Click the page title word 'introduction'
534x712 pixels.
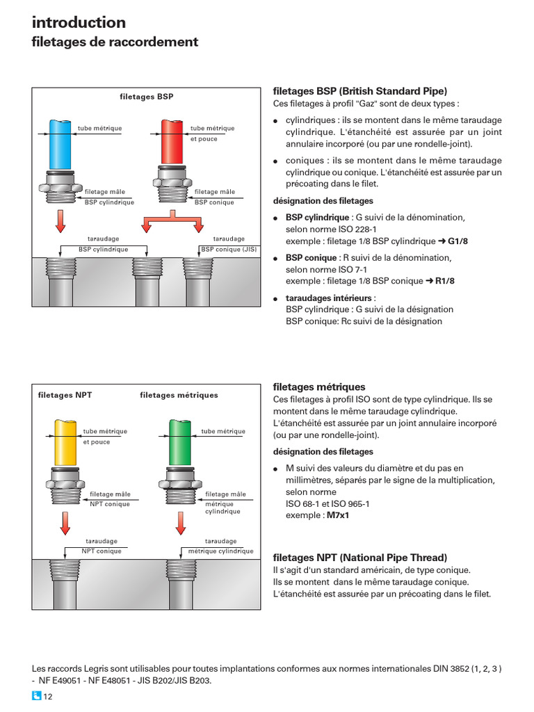pyautogui.click(x=79, y=22)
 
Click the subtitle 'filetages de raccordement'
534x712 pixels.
pyautogui.click(x=115, y=42)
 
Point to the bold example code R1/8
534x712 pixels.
pyautogui.click(x=445, y=282)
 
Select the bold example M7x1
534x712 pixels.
pyautogui.click(x=338, y=516)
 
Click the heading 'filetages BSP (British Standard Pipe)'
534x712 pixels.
pyautogui.click(x=360, y=91)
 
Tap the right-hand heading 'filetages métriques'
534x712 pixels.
pyautogui.click(x=319, y=387)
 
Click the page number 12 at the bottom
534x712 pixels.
pyautogui.click(x=48, y=697)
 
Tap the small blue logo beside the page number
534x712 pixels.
pyautogui.click(x=37, y=697)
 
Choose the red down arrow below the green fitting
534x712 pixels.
pyautogui.click(x=179, y=522)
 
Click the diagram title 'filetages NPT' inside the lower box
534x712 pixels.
pyautogui.click(x=65, y=395)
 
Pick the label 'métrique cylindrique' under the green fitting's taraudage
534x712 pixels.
pyautogui.click(x=220, y=551)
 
